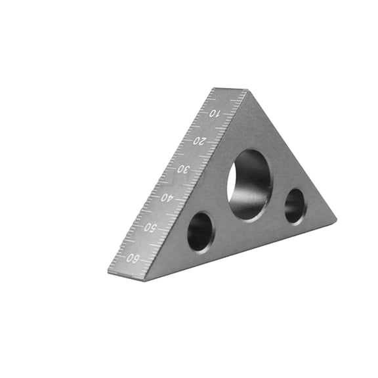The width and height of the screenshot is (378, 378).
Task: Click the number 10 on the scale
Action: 214,114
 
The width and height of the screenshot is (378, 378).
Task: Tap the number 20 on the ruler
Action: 199,140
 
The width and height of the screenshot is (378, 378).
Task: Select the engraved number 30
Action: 184,169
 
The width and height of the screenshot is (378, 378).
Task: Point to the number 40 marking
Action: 167,197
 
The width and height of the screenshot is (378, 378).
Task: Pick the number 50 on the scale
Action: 150,227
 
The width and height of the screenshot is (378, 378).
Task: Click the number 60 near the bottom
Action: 133,257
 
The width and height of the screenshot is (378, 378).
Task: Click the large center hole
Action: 250,184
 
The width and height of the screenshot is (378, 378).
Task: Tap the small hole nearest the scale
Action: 200,231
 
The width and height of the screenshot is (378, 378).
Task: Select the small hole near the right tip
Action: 295,206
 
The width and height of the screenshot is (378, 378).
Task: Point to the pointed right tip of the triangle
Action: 334,219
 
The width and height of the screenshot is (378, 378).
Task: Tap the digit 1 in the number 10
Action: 218,114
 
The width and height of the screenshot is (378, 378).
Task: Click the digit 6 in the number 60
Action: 137,258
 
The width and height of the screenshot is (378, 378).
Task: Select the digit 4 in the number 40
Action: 171,198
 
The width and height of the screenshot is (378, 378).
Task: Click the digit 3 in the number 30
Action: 188,169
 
